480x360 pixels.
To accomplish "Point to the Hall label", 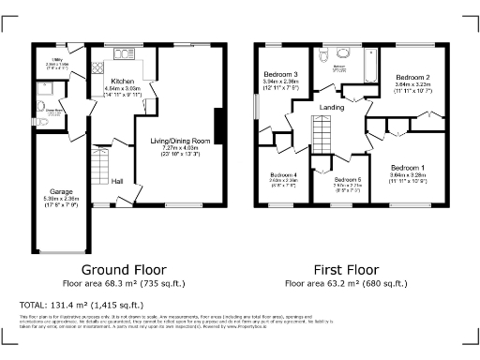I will (117, 181).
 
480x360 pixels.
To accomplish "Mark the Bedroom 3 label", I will (280, 74).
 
